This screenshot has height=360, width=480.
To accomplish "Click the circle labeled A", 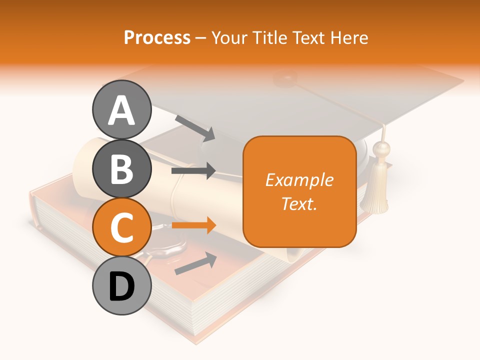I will coord(122,109).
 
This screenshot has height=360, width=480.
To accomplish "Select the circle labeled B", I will coord(122,168).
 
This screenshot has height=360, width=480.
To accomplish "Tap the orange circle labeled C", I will coord(122,227).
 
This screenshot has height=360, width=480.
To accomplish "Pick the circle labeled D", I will coord(122,286).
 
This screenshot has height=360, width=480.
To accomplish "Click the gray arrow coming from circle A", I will coord(195,128).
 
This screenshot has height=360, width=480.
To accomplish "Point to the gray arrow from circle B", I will coord(193,171).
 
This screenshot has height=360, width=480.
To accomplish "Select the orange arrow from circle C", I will coord(193,225).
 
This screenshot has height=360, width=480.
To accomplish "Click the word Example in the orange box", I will coord(299,180).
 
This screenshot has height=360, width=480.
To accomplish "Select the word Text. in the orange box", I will coord(299,203).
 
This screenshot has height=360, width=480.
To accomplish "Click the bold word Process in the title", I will coord(157,37).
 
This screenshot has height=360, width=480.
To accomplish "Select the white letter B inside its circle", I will coord(122,169).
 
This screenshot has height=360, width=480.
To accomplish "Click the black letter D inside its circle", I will coord(122,286).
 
